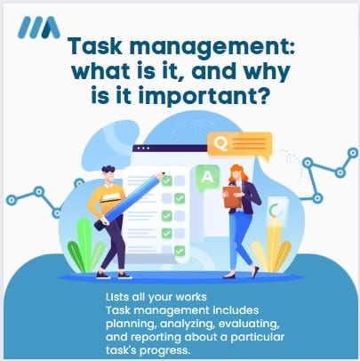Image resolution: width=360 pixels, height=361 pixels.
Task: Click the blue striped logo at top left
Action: tap(39, 28)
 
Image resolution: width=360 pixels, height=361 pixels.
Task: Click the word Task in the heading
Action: tap(95, 46)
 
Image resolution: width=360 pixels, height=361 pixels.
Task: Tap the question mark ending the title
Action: tap(263, 95)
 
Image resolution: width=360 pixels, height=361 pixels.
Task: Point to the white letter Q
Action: tap(221, 144)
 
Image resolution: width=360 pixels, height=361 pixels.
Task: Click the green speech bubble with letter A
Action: tap(207, 178)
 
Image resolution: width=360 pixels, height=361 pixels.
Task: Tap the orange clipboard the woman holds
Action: tap(232, 197)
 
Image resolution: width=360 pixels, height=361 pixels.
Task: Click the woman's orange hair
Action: tap(238, 174)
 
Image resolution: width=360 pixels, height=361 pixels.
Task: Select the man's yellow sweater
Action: tap(107, 198)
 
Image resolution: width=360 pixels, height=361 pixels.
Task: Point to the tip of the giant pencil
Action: tap(163, 175)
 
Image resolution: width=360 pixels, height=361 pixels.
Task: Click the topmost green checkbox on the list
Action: tap(167, 180)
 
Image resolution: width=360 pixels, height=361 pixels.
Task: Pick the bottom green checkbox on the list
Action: tap(180, 251)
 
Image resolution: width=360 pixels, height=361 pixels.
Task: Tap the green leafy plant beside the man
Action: tap(84, 246)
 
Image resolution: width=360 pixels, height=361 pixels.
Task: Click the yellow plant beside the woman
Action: tap(272, 245)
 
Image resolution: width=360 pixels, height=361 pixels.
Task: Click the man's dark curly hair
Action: tap(108, 170)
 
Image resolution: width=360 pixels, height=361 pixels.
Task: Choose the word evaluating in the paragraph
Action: tap(249, 324)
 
